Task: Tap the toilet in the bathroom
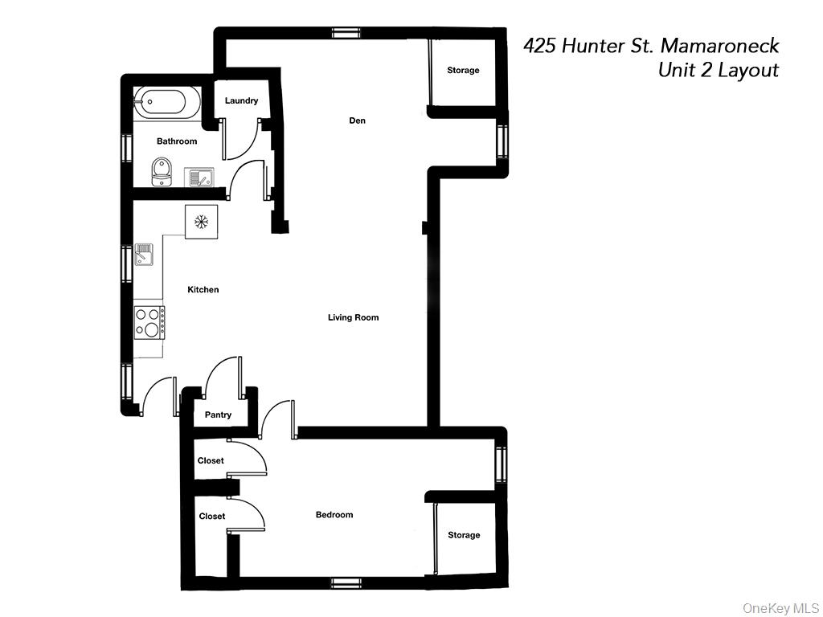pyautogui.click(x=162, y=171)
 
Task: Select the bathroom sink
pyautogui.click(x=199, y=176)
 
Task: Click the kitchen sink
pyautogui.click(x=145, y=254)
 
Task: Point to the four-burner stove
pyautogui.click(x=149, y=322)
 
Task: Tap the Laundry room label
pyautogui.click(x=241, y=100)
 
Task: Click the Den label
pyautogui.click(x=357, y=121)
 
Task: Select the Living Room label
pyautogui.click(x=353, y=317)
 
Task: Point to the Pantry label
pyautogui.click(x=218, y=415)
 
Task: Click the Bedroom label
pyautogui.click(x=334, y=514)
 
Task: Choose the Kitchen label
pyautogui.click(x=203, y=289)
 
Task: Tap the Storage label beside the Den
pyautogui.click(x=463, y=70)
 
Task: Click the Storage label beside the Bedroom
pyautogui.click(x=464, y=534)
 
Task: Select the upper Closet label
pyautogui.click(x=211, y=460)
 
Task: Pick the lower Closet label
pyautogui.click(x=212, y=516)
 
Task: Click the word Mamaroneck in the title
pyautogui.click(x=719, y=46)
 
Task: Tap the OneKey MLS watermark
pyautogui.click(x=780, y=607)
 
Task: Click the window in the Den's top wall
pyautogui.click(x=346, y=33)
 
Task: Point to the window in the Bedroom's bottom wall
pyautogui.click(x=346, y=582)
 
